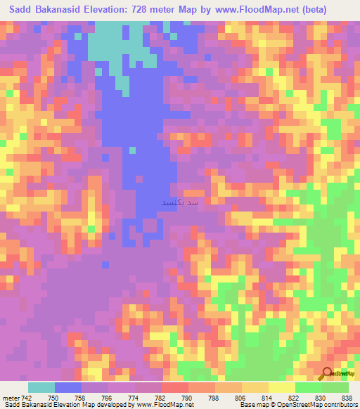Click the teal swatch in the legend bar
41,387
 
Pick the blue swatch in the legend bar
68,387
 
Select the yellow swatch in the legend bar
281,387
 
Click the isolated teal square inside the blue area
131,149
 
